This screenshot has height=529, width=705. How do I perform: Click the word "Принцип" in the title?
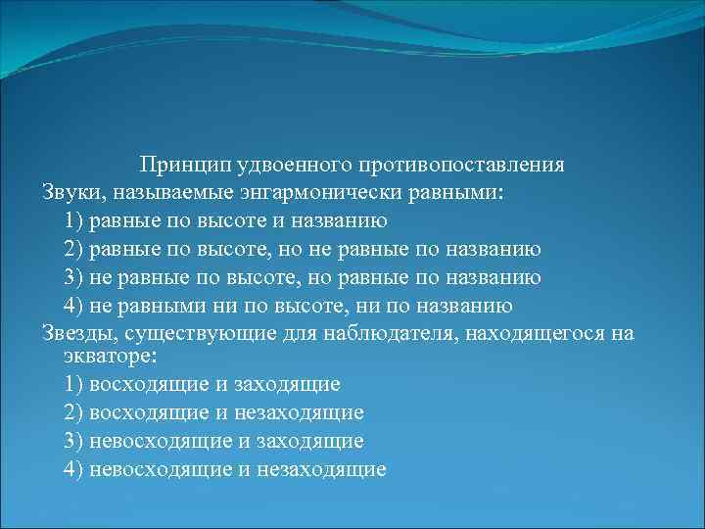point(177,165)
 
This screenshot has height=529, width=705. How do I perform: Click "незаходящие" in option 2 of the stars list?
point(308,412)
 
